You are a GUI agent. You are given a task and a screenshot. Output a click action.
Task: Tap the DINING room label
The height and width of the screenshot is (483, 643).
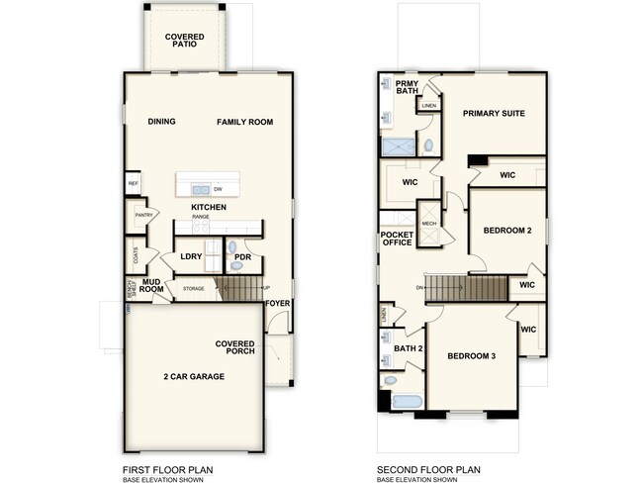[161, 122]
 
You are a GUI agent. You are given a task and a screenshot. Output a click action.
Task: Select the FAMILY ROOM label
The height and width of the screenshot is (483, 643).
[245, 122]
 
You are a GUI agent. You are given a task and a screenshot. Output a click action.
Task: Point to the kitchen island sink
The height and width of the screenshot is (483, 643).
[200, 188]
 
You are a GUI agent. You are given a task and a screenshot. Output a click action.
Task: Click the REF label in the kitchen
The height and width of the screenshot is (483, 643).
[133, 183]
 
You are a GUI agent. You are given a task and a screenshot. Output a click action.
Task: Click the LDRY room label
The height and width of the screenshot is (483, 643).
[191, 257]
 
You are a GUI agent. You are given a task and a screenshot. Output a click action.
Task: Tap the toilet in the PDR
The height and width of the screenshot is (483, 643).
[232, 247]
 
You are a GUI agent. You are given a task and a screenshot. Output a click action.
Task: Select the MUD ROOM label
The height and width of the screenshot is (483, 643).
[151, 286]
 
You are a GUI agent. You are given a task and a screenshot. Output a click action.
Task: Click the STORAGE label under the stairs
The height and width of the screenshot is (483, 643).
[193, 289]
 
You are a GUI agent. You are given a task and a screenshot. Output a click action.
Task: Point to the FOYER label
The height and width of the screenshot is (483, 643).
[278, 304]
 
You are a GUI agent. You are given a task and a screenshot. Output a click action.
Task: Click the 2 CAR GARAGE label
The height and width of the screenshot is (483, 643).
[194, 376]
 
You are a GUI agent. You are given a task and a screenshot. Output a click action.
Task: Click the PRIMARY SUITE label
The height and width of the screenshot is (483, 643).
[495, 113]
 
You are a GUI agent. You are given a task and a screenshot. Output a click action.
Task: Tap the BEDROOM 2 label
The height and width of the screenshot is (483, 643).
[507, 231]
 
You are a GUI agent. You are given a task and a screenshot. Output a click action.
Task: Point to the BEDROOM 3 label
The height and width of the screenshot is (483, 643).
[471, 356]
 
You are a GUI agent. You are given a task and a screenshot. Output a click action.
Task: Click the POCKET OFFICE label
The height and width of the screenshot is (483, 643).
[397, 239]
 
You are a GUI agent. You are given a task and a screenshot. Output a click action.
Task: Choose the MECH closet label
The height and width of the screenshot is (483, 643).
[429, 224]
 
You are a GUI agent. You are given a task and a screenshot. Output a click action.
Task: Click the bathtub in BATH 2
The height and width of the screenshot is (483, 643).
[406, 402]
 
